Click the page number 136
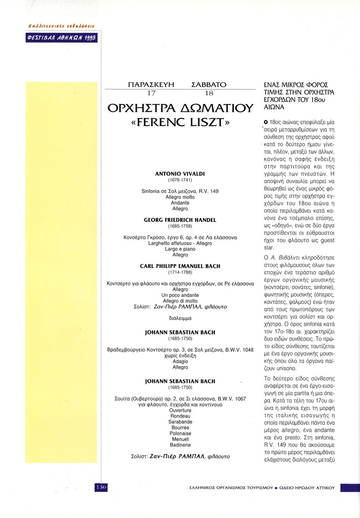point(101,487)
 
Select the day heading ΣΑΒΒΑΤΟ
point(208,85)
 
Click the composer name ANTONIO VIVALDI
point(180,174)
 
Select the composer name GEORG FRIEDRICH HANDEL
point(180,220)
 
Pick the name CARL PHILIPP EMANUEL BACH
point(180,266)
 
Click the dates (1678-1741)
point(180,180)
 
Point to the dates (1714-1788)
point(180,273)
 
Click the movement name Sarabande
point(180,422)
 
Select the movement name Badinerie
point(180,445)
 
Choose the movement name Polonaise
point(180,433)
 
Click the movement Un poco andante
point(180,295)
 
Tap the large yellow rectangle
point(61,272)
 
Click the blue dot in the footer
point(276,488)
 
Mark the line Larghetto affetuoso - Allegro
point(180,243)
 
